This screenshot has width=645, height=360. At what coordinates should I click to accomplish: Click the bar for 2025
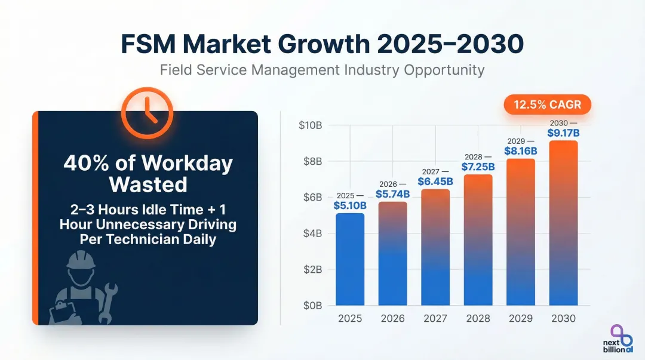(x=350, y=259)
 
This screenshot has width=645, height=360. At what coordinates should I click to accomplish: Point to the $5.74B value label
(x=392, y=193)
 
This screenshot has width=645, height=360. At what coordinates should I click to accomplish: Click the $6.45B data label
(x=435, y=181)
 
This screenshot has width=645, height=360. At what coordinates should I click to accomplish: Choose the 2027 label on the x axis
(x=435, y=318)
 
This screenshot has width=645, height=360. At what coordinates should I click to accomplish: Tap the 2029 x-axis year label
(x=521, y=318)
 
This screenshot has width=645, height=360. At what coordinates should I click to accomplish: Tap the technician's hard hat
(x=81, y=260)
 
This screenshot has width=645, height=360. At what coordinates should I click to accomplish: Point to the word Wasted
(x=148, y=184)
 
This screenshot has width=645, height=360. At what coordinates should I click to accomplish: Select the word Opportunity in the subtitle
(x=444, y=70)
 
